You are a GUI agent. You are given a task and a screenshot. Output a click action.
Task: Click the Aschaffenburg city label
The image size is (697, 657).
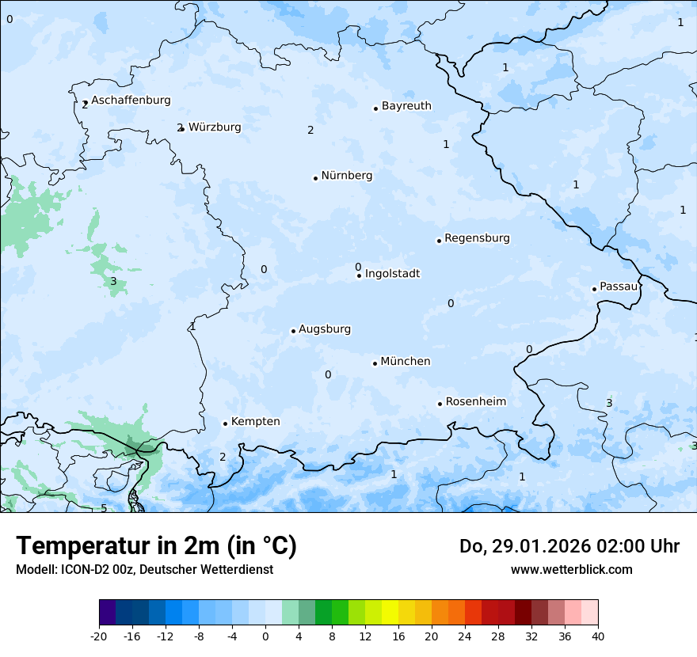(131, 101)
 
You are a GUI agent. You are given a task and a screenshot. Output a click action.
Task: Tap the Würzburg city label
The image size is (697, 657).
(215, 127)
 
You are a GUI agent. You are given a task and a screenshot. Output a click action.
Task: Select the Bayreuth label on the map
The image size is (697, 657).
(406, 106)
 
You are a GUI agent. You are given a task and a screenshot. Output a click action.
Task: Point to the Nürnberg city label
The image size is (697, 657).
(346, 176)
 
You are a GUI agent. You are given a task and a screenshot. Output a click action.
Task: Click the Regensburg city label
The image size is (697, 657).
(477, 238)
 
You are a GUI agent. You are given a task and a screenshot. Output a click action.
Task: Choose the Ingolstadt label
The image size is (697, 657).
(392, 274)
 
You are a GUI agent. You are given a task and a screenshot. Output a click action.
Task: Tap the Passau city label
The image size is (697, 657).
(619, 287)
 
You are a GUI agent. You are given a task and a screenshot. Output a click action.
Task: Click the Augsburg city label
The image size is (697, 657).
(325, 329)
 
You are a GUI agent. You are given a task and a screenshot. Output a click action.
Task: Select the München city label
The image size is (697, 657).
(406, 362)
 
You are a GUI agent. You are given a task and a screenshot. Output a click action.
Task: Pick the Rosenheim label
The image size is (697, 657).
(475, 402)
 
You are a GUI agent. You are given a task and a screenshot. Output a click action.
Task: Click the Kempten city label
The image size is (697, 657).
(255, 422)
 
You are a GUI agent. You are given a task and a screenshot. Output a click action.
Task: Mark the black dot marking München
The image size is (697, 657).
(375, 363)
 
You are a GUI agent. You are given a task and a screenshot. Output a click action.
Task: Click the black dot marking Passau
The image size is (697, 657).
(594, 289)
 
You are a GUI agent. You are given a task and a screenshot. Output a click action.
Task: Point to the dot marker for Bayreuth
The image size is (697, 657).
(375, 108)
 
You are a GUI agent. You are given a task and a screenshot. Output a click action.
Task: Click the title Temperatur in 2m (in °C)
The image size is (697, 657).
(156, 546)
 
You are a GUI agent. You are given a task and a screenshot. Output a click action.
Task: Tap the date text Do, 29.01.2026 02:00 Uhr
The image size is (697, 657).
(569, 546)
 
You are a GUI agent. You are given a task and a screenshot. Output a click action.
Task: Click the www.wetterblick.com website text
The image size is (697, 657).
(571, 570)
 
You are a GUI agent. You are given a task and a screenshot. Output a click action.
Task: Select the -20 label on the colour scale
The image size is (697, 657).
(99, 636)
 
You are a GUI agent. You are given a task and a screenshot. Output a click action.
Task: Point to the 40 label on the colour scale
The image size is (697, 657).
(598, 636)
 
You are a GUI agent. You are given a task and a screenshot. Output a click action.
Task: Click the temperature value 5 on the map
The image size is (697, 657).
(104, 508)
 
